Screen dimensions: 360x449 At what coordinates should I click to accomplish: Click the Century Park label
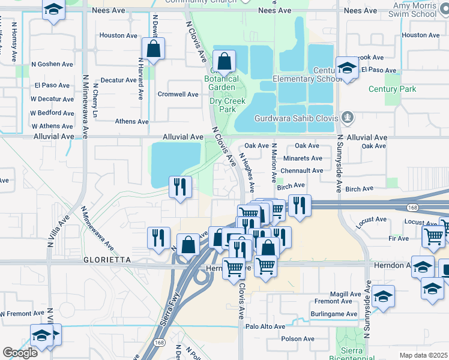click(392, 89)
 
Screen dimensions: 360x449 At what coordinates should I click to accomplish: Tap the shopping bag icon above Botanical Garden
click(224, 61)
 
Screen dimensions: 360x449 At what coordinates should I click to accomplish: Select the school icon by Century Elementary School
click(347, 67)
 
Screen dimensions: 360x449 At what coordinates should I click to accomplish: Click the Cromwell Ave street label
click(178, 95)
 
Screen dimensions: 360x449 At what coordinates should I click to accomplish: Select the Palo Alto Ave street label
click(265, 327)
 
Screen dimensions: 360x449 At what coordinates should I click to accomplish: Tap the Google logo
click(20, 353)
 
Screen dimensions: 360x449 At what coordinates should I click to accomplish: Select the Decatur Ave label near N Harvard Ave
click(118, 80)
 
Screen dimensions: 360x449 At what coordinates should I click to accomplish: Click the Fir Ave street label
click(399, 239)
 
